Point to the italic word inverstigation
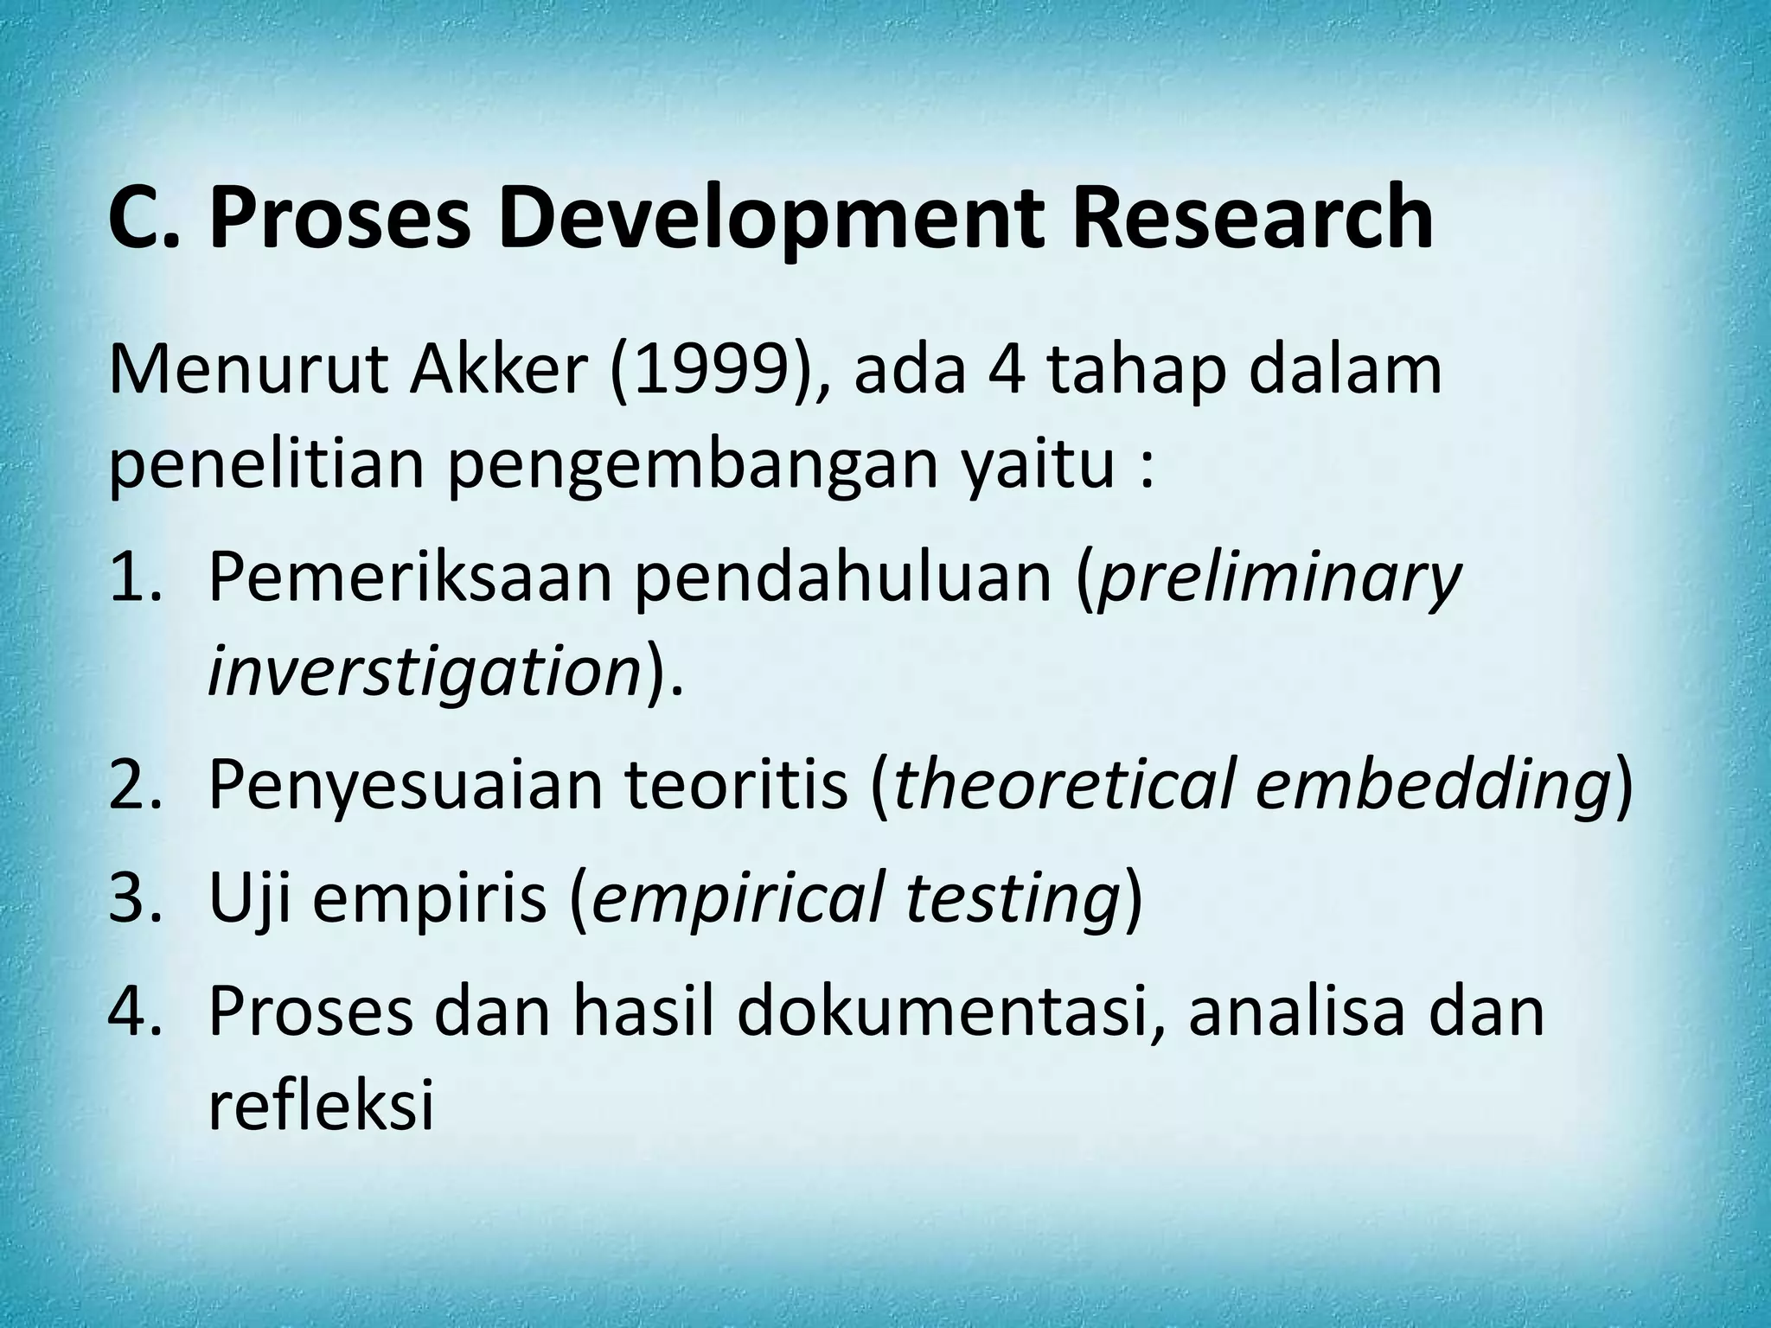(423, 672)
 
